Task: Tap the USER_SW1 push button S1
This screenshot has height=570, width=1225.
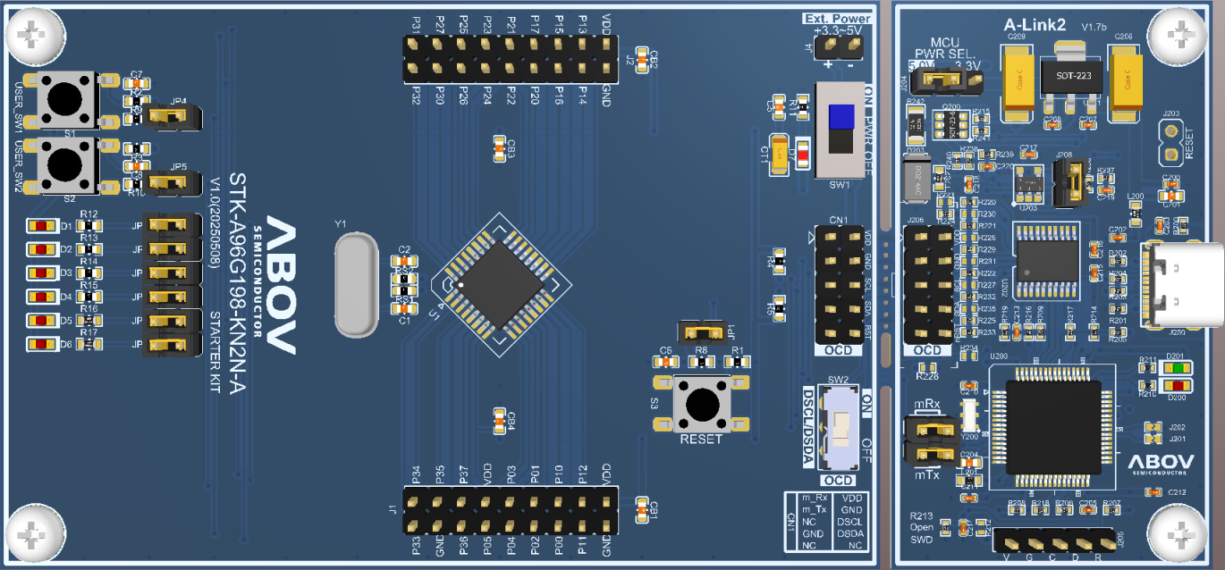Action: [67, 97]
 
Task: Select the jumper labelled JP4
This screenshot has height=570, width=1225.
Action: [173, 116]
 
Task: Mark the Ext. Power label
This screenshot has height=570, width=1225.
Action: [837, 19]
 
